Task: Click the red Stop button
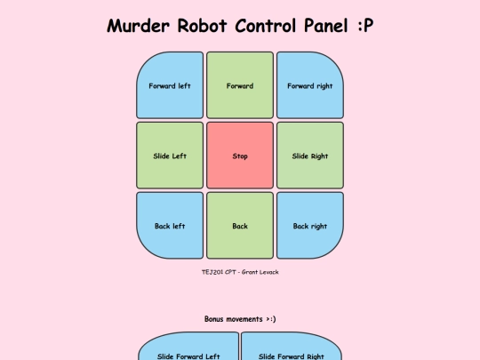(x=240, y=156)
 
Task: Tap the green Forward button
(x=240, y=85)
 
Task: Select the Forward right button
(x=310, y=85)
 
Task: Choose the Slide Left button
(x=170, y=156)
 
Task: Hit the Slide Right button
(x=310, y=156)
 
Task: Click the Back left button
(x=170, y=225)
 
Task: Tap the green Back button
(x=240, y=225)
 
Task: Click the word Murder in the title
(x=138, y=26)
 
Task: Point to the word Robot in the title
(x=202, y=26)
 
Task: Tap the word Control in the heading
(x=266, y=26)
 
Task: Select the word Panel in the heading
(x=326, y=26)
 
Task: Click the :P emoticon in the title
(x=365, y=26)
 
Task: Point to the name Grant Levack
(x=260, y=272)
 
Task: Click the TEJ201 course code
(x=212, y=272)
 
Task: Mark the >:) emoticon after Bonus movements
(x=270, y=319)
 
